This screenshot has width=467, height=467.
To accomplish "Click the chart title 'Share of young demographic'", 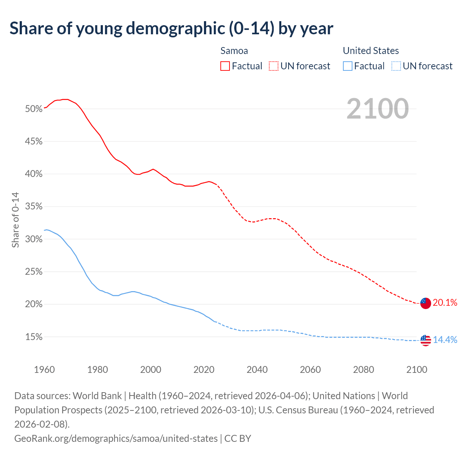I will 171,28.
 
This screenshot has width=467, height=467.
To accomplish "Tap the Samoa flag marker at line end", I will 425,303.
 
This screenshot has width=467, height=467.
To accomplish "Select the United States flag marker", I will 425,340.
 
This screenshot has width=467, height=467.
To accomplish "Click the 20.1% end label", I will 445,302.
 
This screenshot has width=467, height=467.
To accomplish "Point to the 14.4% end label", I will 445,340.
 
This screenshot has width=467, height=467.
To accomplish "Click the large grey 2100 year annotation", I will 377,109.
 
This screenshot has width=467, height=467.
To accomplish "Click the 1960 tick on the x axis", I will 45,370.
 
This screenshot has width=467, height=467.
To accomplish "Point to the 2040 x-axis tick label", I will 257,370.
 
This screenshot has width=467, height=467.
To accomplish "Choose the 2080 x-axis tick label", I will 363,370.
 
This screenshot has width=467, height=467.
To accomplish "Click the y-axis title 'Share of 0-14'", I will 15,220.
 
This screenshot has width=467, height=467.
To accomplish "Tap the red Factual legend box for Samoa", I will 225,66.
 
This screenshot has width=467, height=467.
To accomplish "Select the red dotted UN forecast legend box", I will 274,66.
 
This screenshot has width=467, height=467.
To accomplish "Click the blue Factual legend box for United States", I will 348,66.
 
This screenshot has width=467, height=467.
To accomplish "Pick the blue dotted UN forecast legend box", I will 396,66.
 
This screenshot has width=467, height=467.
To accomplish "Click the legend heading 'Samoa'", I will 234,51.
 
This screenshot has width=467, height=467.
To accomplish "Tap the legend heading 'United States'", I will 371,51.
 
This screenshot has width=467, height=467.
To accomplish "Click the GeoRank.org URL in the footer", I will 116,438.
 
